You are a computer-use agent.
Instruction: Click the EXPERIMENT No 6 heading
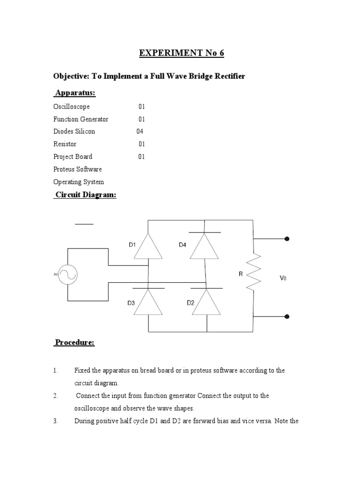pyautogui.click(x=181, y=53)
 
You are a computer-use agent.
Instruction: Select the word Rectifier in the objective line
pyautogui.click(x=229, y=76)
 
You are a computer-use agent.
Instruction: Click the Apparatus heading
pyautogui.click(x=75, y=93)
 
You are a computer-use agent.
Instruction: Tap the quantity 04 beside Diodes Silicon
pyautogui.click(x=140, y=132)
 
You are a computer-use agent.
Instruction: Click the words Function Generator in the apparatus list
pyautogui.click(x=81, y=119)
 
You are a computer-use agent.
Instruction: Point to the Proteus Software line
pyautogui.click(x=78, y=169)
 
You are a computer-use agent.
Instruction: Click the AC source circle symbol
pyautogui.click(x=67, y=275)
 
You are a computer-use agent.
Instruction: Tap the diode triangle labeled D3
pyautogui.click(x=148, y=302)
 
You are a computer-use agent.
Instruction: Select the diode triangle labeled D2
pyautogui.click(x=206, y=302)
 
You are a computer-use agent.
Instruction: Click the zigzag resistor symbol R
pyautogui.click(x=254, y=272)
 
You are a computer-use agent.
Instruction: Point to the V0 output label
pyautogui.click(x=283, y=278)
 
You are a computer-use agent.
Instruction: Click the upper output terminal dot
pyautogui.click(x=287, y=239)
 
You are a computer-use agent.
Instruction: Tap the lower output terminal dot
pyautogui.click(x=287, y=317)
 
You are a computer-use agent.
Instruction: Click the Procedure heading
pyautogui.click(x=75, y=342)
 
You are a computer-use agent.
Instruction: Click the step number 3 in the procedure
pyautogui.click(x=55, y=421)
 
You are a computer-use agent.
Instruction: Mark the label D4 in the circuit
pyautogui.click(x=183, y=244)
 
